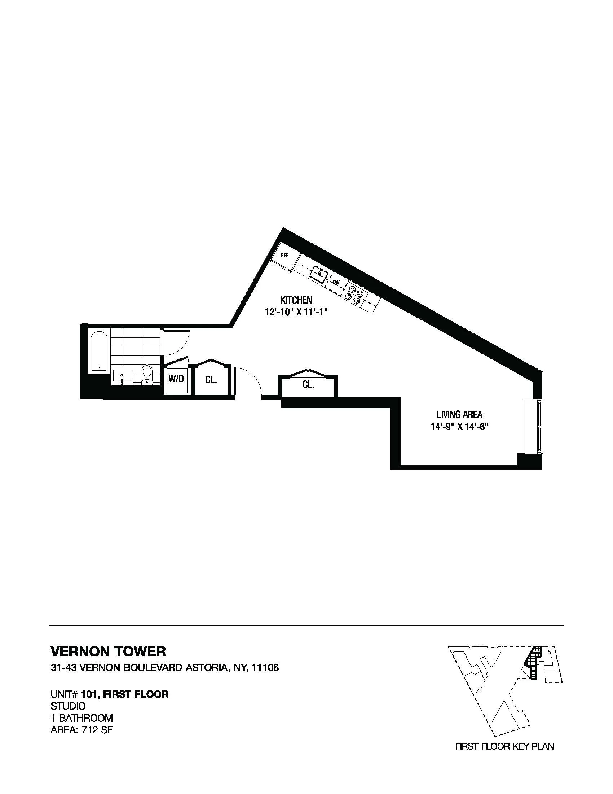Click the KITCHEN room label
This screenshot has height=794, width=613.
(296, 300)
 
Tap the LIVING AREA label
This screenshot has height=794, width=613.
(459, 414)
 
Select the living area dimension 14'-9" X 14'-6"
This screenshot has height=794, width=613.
(459, 427)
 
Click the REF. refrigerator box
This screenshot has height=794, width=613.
(286, 257)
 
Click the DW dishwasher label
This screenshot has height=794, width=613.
(336, 282)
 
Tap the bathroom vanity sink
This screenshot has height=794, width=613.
(122, 375)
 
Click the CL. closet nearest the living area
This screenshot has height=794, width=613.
(308, 385)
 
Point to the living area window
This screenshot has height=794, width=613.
(533, 426)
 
